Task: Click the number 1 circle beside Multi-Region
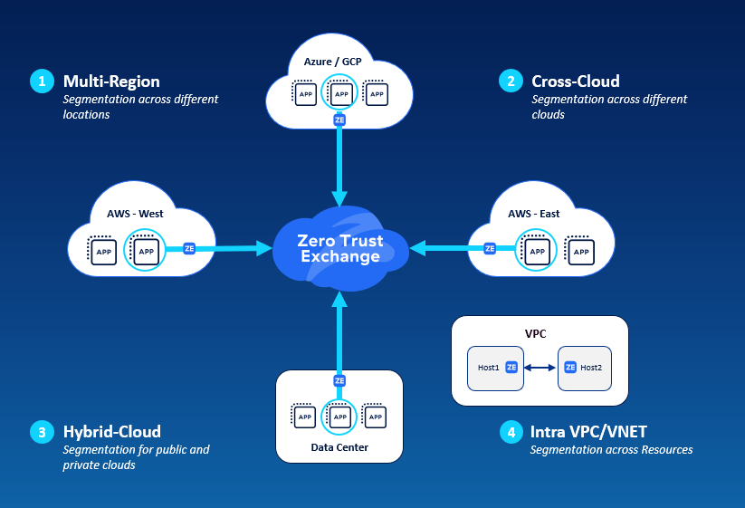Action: (42, 81)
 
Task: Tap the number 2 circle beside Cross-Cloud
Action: (511, 81)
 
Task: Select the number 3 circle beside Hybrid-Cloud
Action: (42, 432)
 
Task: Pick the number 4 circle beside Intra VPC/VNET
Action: (511, 432)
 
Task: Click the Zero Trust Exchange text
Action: (340, 249)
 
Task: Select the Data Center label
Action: (339, 447)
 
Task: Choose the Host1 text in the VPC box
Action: (489, 368)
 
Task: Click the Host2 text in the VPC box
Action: (591, 368)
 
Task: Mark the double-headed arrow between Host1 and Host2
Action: (540, 368)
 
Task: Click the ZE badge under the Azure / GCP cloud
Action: (340, 120)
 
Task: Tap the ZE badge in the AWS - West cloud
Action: (189, 248)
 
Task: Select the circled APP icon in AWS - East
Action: (537, 250)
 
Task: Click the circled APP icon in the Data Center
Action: (340, 417)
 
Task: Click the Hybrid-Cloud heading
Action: (112, 431)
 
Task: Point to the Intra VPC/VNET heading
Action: (587, 431)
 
